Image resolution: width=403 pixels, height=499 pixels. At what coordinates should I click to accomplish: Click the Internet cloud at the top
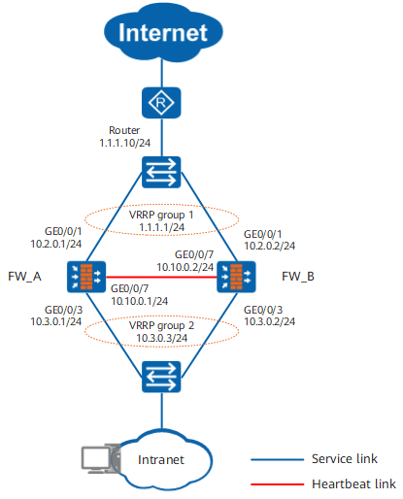point(163,32)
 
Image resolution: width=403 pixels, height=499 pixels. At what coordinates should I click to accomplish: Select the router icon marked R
point(161,103)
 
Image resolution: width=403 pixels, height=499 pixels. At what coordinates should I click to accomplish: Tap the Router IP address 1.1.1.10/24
point(124,143)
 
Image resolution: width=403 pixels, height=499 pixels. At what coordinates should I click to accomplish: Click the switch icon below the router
point(161,172)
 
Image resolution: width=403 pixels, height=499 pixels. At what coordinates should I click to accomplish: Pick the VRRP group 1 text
point(161,215)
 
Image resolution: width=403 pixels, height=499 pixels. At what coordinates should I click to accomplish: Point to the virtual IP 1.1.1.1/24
point(161,227)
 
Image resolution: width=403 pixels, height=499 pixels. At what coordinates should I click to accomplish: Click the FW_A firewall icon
point(86,277)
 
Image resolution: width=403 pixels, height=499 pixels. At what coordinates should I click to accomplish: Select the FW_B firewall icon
point(236,277)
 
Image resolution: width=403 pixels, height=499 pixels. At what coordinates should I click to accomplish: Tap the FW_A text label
point(24,277)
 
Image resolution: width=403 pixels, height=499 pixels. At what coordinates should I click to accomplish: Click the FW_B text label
point(298,277)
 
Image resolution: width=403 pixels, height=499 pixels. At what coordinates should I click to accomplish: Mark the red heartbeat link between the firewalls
point(161,277)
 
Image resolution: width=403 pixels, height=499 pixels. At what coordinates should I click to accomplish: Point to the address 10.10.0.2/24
point(185,267)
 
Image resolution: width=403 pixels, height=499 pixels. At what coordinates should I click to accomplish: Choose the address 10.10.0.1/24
point(140,301)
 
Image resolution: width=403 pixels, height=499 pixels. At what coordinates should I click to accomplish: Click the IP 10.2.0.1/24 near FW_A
point(56,244)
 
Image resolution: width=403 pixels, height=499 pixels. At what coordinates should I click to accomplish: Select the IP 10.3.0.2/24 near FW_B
point(270,321)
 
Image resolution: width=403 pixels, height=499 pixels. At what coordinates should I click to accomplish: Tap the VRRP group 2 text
point(161,325)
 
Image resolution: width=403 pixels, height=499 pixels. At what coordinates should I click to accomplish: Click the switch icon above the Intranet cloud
point(161,377)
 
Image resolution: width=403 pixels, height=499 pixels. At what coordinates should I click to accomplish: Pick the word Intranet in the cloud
point(161,459)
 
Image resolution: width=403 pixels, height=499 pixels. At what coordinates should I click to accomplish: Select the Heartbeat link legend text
point(353,483)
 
